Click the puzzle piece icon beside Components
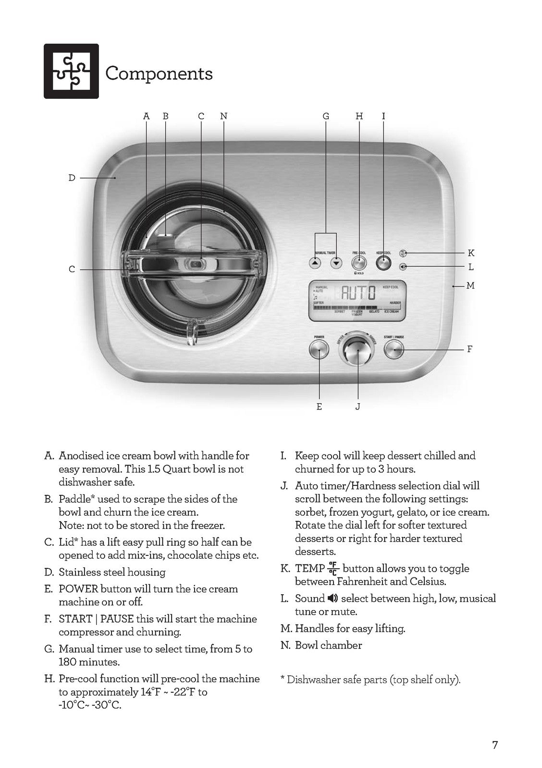pyautogui.click(x=71, y=72)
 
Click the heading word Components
pyautogui.click(x=159, y=73)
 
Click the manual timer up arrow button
pyautogui.click(x=315, y=263)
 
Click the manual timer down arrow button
pyautogui.click(x=336, y=263)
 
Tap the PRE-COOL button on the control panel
pyautogui.click(x=359, y=263)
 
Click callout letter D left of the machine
pyautogui.click(x=72, y=178)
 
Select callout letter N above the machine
pyautogui.click(x=223, y=116)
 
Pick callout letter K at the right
pyautogui.click(x=471, y=253)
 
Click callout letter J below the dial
pyautogui.click(x=357, y=407)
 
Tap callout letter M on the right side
pyautogui.click(x=470, y=286)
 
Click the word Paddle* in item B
pyautogui.click(x=76, y=499)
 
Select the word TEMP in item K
pyautogui.click(x=309, y=569)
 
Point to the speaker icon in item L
pyautogui.click(x=333, y=598)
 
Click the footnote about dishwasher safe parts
pyautogui.click(x=370, y=680)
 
